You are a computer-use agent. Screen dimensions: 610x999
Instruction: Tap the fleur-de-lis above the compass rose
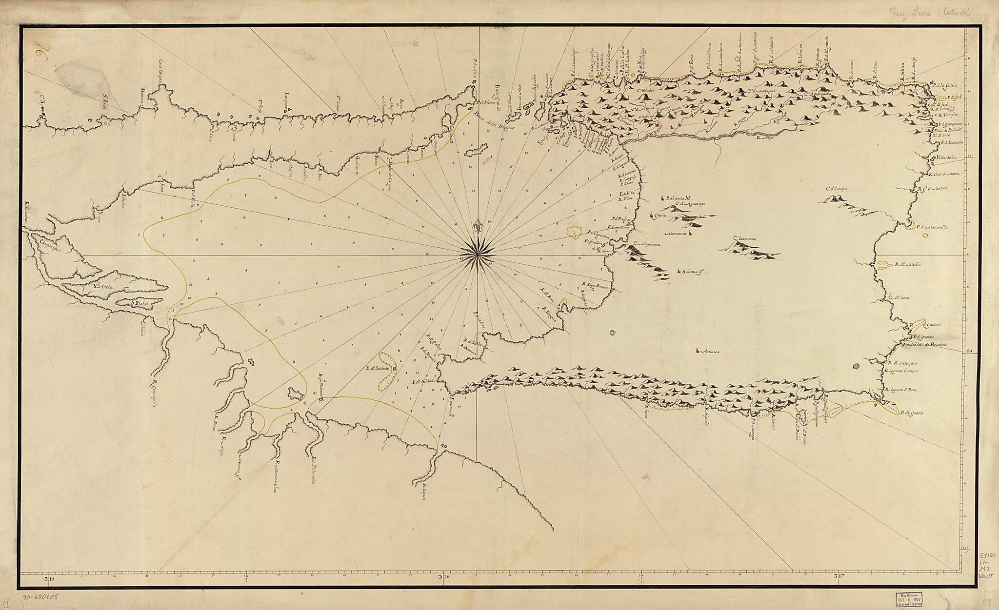tap(478, 227)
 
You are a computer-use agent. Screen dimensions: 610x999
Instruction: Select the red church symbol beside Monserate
tap(690, 234)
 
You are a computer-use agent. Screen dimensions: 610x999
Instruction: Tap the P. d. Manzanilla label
tap(931, 227)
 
